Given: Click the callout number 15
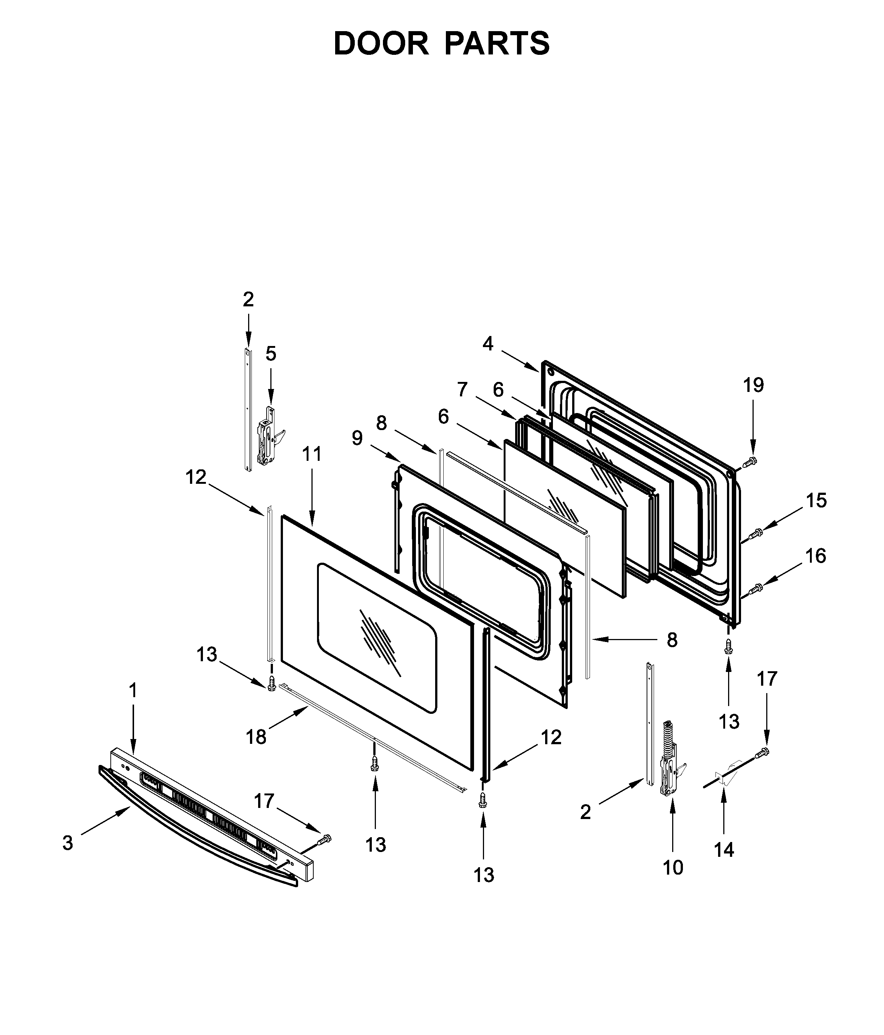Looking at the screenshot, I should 816,500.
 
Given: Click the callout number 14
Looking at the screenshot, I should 724,849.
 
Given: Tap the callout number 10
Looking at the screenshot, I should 673,867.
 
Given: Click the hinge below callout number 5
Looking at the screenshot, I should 266,436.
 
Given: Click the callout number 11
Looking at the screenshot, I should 312,454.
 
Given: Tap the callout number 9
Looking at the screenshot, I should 357,437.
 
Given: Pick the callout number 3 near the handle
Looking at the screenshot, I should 67,843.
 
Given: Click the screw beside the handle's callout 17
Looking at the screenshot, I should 325,840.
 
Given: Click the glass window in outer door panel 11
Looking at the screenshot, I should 377,637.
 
